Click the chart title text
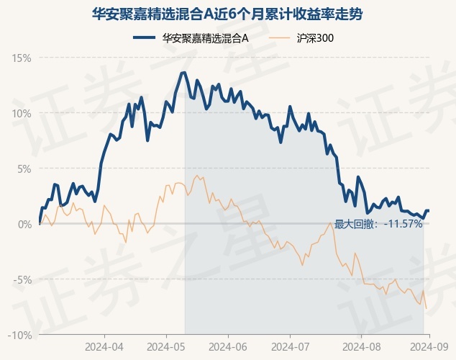point(227,14)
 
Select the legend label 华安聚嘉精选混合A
point(205,38)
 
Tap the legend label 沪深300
point(315,38)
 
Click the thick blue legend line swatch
point(145,37)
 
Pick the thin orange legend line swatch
point(280,38)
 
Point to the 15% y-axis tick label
point(22,58)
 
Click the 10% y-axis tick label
point(22,114)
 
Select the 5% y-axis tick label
point(24,168)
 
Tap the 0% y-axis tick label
point(24,225)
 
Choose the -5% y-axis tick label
point(22,279)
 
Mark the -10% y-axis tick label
point(19,336)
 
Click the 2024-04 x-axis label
point(104,347)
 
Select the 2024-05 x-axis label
point(166,347)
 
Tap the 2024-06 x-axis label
point(228,347)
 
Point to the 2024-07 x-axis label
point(291,347)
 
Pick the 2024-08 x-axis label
point(362,347)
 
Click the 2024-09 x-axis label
point(429,347)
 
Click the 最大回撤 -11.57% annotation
point(378,224)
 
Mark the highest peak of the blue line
point(184,73)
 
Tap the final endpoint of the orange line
point(427,308)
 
